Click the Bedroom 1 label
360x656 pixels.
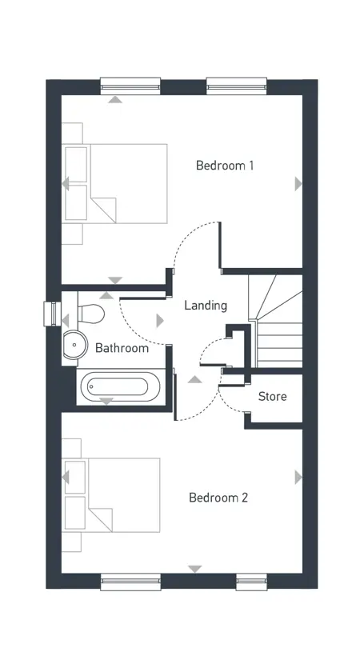pos(225,166)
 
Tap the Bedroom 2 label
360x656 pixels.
pos(218,498)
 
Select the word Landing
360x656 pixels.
pos(206,306)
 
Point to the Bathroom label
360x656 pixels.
pos(122,348)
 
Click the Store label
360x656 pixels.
pos(273,396)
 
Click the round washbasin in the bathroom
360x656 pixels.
pos(75,344)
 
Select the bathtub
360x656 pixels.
pos(120,387)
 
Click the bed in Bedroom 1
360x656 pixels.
pos(114,183)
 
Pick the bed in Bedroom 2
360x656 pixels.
pos(111,495)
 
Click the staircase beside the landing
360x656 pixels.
pos(275,321)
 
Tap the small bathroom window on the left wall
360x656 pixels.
pos(50,314)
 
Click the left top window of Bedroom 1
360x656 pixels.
pos(130,86)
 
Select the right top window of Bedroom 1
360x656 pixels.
pos(237,86)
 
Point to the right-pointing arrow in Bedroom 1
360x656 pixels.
pos(298,184)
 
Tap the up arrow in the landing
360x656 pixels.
pos(194,379)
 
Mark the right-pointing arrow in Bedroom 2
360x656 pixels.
pos(298,478)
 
